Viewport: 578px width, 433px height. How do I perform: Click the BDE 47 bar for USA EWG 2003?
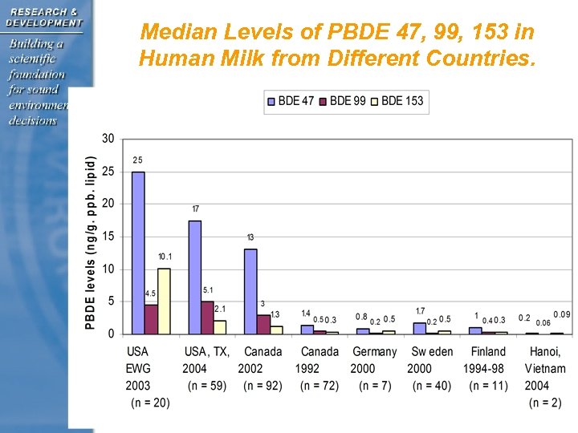(138, 253)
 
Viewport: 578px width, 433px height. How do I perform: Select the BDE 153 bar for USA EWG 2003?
(164, 301)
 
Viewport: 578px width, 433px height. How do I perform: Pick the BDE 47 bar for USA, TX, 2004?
(194, 277)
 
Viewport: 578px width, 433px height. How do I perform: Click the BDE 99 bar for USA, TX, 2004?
(207, 318)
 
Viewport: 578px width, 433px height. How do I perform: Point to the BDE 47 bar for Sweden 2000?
(419, 328)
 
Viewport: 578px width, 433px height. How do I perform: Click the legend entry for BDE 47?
(291, 101)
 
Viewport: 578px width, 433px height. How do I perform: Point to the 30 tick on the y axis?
(108, 139)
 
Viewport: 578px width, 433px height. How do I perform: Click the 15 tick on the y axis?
(108, 237)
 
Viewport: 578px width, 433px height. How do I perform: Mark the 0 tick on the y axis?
(111, 334)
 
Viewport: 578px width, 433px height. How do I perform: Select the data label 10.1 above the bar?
(164, 257)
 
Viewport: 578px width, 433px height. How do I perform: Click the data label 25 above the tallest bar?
(137, 160)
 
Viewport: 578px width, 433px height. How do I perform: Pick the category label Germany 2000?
(375, 360)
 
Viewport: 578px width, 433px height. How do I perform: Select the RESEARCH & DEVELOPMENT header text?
(44, 17)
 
